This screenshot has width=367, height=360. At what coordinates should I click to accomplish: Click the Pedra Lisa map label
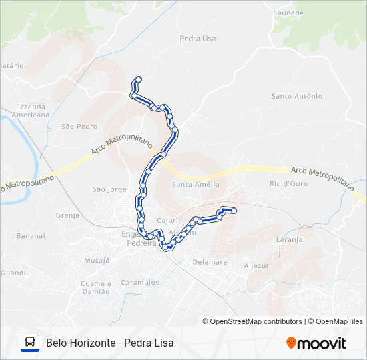pos(198,39)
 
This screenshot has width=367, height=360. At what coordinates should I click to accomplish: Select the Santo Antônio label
pos(296,96)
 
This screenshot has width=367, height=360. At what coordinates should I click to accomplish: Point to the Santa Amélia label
pos(196,184)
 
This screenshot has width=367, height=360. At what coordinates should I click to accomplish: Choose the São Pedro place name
pos(79,126)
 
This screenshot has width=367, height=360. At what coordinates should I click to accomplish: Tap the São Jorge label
pos(109,189)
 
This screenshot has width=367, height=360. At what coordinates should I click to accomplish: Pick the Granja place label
pos(67,215)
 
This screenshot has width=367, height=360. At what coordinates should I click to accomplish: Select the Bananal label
pos(31,236)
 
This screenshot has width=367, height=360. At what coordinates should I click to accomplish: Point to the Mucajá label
pos(97,260)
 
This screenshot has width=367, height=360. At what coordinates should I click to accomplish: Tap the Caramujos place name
pos(140,283)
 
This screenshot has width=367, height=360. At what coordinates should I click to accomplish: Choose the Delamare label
pos(210,262)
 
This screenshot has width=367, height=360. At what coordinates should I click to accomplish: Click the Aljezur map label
pos(256,265)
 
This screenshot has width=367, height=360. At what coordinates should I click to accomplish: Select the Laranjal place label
pos(290,239)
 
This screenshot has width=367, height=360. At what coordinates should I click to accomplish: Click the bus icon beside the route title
pos(30,343)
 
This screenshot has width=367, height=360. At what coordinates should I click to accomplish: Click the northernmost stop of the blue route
pos(139,79)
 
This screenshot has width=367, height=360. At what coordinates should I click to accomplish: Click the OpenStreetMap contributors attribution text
pos(252,321)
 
